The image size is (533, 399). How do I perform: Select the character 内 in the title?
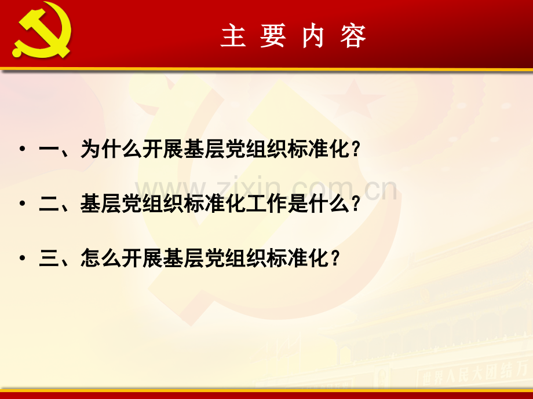tap(313, 36)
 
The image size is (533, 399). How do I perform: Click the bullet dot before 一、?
tap(22, 150)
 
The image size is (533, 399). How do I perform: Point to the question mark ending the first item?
tap(356, 150)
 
